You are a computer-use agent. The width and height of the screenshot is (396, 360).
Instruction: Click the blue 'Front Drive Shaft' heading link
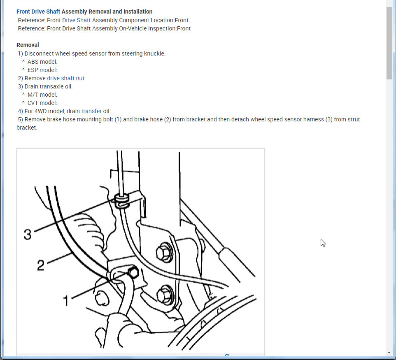(x=38, y=12)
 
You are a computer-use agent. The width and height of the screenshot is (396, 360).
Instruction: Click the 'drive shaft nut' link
(x=66, y=78)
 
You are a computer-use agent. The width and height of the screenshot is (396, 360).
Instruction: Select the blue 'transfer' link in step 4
(x=91, y=111)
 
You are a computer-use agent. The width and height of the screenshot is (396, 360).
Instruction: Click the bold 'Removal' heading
(x=28, y=45)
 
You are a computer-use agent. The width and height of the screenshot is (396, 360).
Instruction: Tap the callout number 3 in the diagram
(x=28, y=234)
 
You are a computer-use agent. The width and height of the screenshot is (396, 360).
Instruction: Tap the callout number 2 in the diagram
(x=41, y=265)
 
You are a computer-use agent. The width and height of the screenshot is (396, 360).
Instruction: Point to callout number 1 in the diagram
(x=66, y=301)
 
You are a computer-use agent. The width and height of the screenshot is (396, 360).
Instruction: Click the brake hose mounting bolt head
(x=133, y=273)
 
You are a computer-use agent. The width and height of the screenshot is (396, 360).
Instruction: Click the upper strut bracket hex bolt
(x=164, y=253)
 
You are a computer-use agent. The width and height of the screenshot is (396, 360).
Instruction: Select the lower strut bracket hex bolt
(x=165, y=295)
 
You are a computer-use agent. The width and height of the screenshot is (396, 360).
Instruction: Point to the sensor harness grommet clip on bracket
(x=122, y=201)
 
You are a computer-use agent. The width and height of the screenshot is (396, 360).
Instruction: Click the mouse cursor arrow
(x=323, y=243)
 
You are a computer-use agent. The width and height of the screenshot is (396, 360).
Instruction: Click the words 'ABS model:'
(x=42, y=62)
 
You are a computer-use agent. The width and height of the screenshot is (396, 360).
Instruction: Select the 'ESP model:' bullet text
(x=42, y=70)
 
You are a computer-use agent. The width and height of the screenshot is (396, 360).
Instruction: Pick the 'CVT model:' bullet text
(x=42, y=103)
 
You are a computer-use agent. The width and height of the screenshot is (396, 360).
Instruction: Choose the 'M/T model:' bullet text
(x=42, y=95)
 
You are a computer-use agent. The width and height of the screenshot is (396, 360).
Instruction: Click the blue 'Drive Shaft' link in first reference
(x=76, y=20)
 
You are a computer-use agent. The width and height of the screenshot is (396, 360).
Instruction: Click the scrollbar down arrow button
(x=389, y=353)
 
